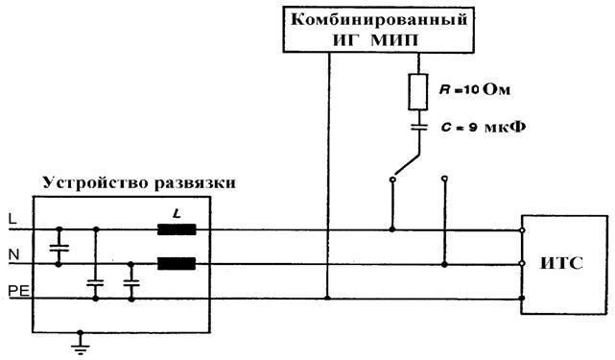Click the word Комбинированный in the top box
coord(379,19)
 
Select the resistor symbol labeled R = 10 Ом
coord(418,92)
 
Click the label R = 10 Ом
coord(475,90)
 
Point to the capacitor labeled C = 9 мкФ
coord(418,127)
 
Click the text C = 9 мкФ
coord(484,128)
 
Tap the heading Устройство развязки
coord(140,183)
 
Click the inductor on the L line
coord(177,229)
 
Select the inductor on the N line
coord(177,264)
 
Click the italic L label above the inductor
coord(177,214)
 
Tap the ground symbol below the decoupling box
coord(81,344)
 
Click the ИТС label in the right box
coord(561,263)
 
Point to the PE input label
coord(19,291)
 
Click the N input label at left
coord(13,255)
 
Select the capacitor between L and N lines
coord(59,248)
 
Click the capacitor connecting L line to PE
coord(95,282)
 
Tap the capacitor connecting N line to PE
coord(131,282)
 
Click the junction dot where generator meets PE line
coord(328,298)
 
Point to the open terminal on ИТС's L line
coord(522,230)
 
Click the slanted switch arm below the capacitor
coord(407,165)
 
